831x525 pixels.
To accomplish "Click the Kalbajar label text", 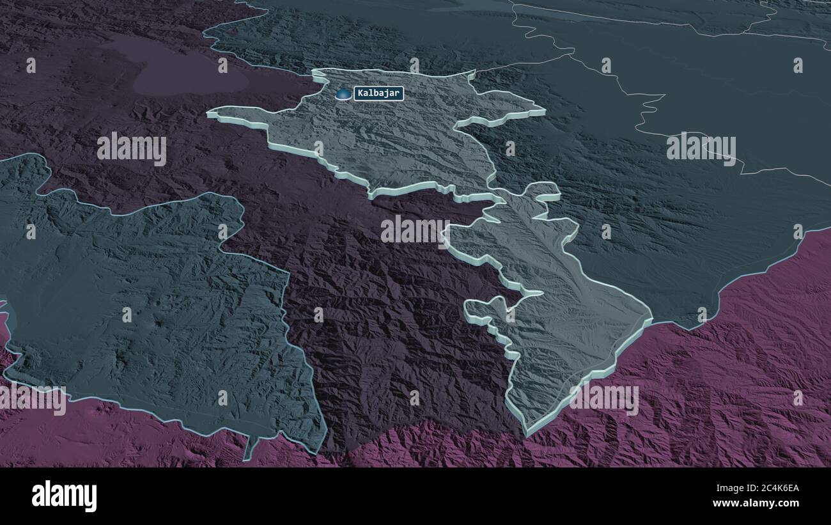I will pyautogui.click(x=378, y=93).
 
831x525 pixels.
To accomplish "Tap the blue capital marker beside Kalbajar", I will pyautogui.click(x=344, y=94).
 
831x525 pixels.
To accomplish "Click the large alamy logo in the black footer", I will pyautogui.click(x=65, y=496).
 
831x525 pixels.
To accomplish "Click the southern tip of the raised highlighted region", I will pyautogui.click(x=528, y=430).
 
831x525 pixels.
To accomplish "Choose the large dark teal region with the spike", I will pyautogui.click(x=147, y=307).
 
